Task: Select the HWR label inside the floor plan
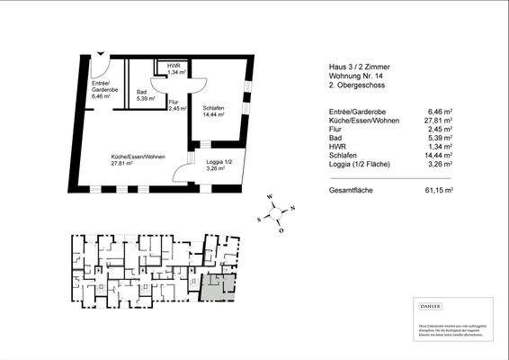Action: tap(167, 69)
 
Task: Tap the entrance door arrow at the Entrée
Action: tap(102, 55)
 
